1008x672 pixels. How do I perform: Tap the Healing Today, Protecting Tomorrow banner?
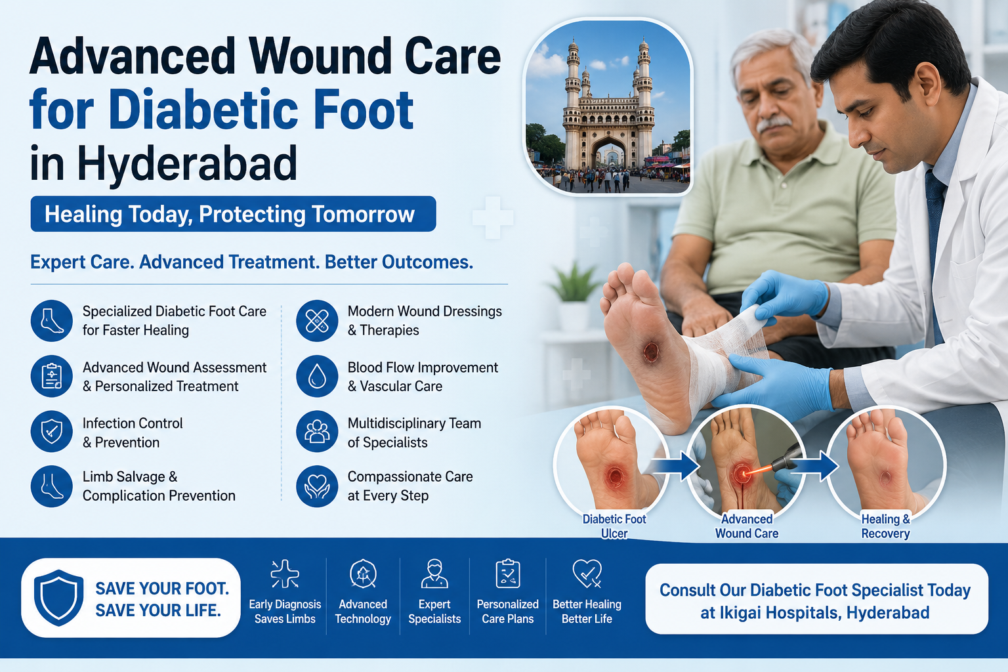pyautogui.click(x=233, y=214)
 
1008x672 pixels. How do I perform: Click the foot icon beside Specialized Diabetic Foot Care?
pyautogui.click(x=52, y=321)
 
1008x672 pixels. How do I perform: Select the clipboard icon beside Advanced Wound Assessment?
pyautogui.click(x=52, y=376)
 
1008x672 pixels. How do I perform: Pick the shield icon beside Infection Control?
pyautogui.click(x=52, y=431)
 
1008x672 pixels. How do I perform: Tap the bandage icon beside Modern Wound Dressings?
pyautogui.click(x=317, y=321)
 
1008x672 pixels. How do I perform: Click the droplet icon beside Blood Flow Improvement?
pyautogui.click(x=317, y=376)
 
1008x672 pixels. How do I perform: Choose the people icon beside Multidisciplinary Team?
pyautogui.click(x=317, y=431)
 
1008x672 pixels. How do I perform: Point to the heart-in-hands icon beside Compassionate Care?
pyautogui.click(x=317, y=486)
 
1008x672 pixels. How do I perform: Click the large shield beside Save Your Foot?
pyautogui.click(x=59, y=598)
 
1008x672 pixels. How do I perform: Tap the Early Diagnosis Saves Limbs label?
pyautogui.click(x=285, y=611)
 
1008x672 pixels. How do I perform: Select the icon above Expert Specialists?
pyautogui.click(x=434, y=574)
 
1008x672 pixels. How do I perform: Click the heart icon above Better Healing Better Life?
pyautogui.click(x=587, y=574)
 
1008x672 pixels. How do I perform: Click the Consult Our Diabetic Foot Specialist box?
pyautogui.click(x=817, y=599)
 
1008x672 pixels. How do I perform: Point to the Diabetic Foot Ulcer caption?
pyautogui.click(x=614, y=526)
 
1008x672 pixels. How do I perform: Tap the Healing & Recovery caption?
pyautogui.click(x=885, y=526)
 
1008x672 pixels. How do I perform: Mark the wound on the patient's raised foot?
pyautogui.click(x=651, y=352)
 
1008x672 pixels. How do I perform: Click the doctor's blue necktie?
pyautogui.click(x=934, y=252)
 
